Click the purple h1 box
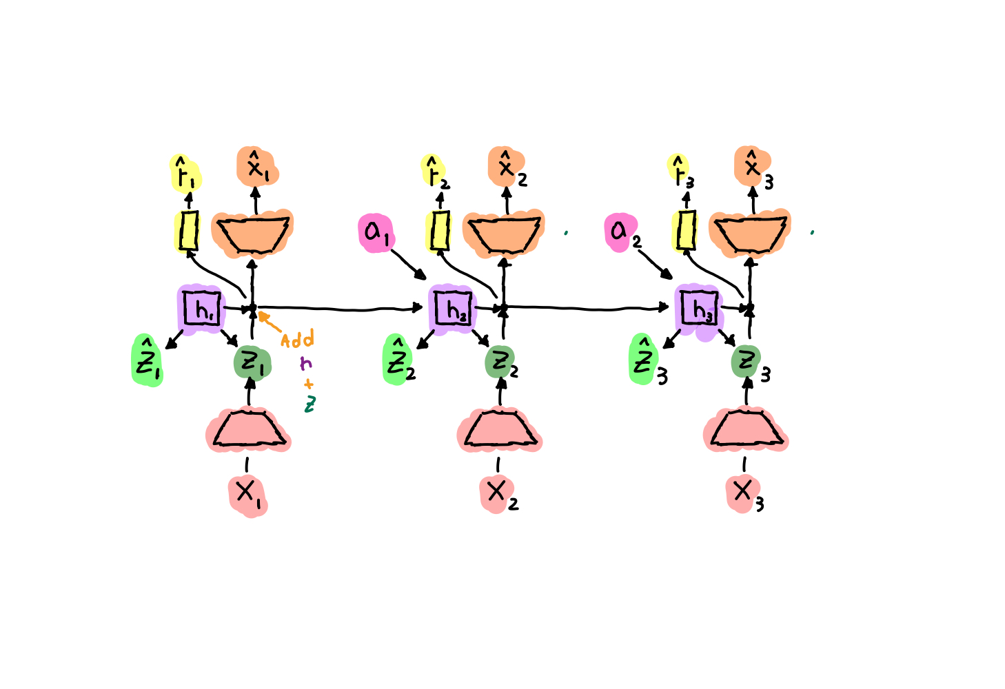click(202, 309)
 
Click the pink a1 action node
click(375, 233)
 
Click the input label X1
click(247, 493)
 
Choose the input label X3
click(743, 492)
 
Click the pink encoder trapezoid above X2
click(500, 431)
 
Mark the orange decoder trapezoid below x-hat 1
click(252, 233)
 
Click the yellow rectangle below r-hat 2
click(439, 231)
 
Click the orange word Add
click(298, 340)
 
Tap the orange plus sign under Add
click(308, 384)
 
